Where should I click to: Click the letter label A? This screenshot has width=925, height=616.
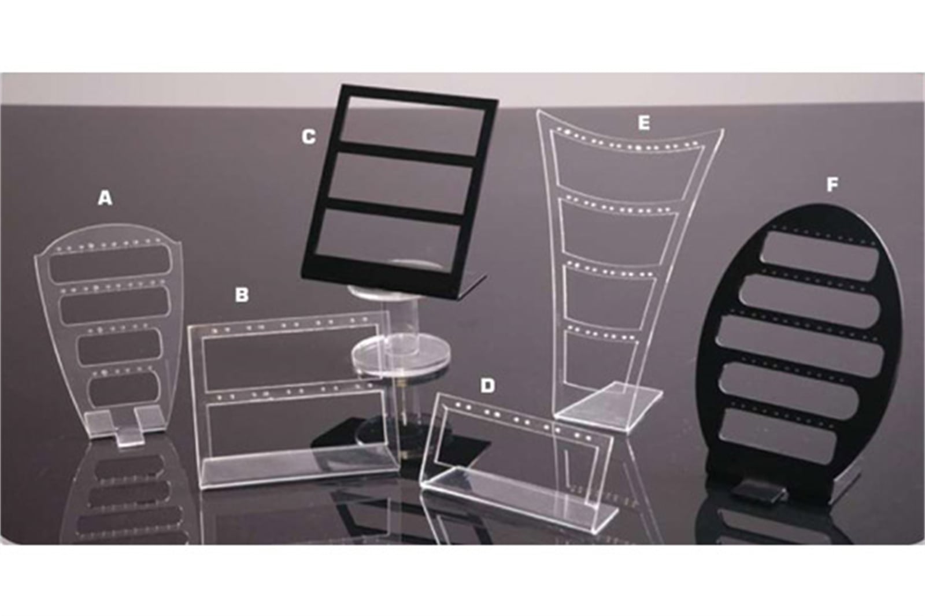point(105,198)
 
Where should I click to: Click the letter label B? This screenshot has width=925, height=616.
point(242,295)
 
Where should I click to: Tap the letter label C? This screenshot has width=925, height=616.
point(309,137)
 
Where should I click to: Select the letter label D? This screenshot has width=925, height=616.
point(488,385)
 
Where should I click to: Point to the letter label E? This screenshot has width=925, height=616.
point(643,123)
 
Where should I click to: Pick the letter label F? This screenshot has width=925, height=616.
point(832,185)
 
